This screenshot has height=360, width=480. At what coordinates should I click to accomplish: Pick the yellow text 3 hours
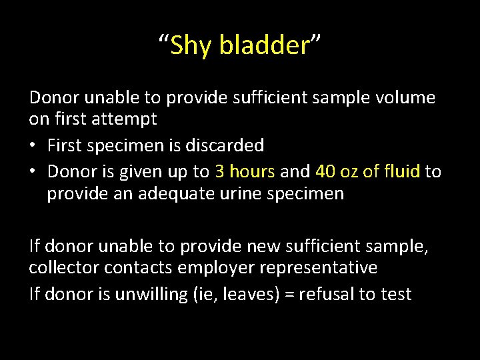pos(245,171)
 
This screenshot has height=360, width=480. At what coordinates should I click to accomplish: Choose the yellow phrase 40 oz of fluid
pos(367,171)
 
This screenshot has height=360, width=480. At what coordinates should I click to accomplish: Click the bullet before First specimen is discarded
pos(34,145)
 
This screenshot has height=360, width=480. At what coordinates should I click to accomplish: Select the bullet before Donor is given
pos(34,172)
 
